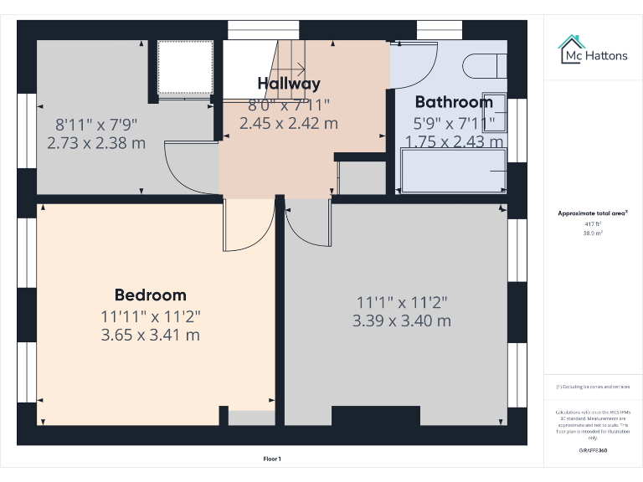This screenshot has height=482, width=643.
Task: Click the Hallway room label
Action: click(289, 84)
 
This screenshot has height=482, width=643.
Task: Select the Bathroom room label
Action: click(454, 102)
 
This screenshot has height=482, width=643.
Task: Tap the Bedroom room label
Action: click(151, 295)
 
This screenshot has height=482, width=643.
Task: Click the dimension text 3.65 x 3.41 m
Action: click(151, 336)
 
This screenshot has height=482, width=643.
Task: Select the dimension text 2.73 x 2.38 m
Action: click(97, 143)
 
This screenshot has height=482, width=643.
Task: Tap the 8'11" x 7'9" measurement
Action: click(97, 125)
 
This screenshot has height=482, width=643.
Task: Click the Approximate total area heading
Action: click(593, 214)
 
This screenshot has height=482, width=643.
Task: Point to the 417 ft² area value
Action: click(593, 224)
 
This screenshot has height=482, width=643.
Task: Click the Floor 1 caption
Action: click(272, 459)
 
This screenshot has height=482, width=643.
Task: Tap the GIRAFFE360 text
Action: click(593, 450)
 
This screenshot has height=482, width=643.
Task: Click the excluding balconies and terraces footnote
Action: click(593, 387)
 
